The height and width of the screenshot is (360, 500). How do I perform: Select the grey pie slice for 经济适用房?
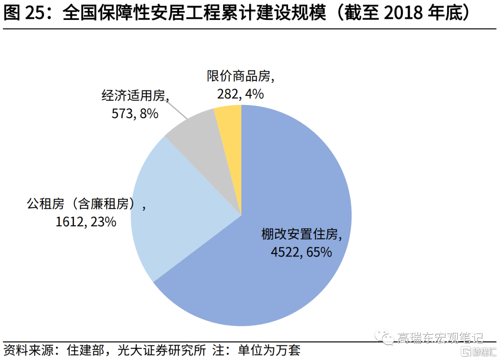[x=204, y=150]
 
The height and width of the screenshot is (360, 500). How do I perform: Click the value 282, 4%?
[x=240, y=94]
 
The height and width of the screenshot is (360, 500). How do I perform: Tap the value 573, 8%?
[x=135, y=114]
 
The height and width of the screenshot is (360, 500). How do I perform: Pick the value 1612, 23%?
[x=86, y=222]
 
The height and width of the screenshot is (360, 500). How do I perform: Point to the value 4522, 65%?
[x=301, y=252]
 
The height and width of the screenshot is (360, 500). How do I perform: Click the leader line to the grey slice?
[x=177, y=110]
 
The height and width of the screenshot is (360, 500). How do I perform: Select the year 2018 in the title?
[x=403, y=13]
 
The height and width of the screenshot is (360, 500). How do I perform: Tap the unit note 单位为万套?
[x=269, y=350]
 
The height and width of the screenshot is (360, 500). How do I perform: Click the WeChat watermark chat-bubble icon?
[x=384, y=337]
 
